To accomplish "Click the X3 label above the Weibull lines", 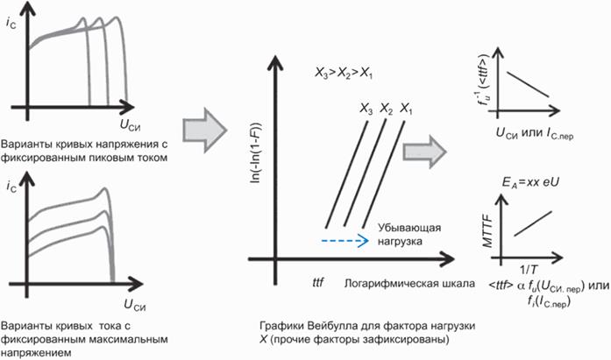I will click(x=366, y=109).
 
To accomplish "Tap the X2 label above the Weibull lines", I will click(x=387, y=109).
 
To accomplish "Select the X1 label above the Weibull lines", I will click(x=406, y=109).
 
